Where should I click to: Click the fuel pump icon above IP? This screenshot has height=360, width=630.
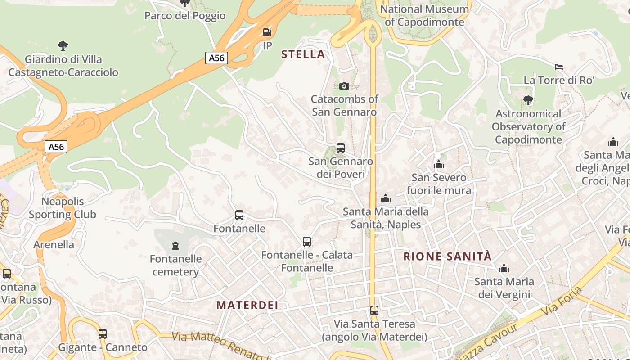point(267,32)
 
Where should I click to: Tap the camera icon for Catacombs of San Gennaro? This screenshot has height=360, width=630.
point(344,86)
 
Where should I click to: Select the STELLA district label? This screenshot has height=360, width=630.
point(303,54)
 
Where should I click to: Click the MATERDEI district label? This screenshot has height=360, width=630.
point(247,305)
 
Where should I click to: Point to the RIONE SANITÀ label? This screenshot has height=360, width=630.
point(448,256)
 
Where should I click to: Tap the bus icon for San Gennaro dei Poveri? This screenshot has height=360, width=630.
point(341,148)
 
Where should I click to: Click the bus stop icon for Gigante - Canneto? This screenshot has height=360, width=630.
point(103,334)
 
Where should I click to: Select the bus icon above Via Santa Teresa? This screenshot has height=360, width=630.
point(374,310)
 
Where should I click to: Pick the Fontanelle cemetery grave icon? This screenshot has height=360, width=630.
point(175,246)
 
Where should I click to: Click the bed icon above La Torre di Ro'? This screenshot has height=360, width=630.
point(559,67)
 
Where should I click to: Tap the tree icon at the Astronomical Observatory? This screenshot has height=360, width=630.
point(528,100)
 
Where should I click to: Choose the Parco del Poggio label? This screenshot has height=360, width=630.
point(185,16)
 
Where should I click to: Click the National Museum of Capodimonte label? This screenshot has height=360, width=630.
point(424,15)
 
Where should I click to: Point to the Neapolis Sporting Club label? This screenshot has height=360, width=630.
point(63,208)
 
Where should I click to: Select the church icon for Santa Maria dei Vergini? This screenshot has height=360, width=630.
point(504,269)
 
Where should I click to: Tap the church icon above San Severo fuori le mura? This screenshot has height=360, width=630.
point(439,164)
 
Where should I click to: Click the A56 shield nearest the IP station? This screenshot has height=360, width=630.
point(216,58)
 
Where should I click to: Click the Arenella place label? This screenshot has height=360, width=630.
point(54,245)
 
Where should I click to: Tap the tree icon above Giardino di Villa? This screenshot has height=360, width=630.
point(63,45)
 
